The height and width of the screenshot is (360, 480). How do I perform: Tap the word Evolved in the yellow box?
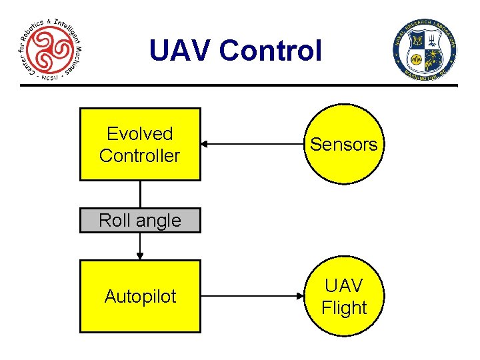(140, 134)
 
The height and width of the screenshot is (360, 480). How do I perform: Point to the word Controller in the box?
(140, 156)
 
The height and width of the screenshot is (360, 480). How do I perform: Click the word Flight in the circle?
(344, 308)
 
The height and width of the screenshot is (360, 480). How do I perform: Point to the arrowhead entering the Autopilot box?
(140, 255)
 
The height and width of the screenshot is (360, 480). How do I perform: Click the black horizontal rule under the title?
(240, 85)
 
